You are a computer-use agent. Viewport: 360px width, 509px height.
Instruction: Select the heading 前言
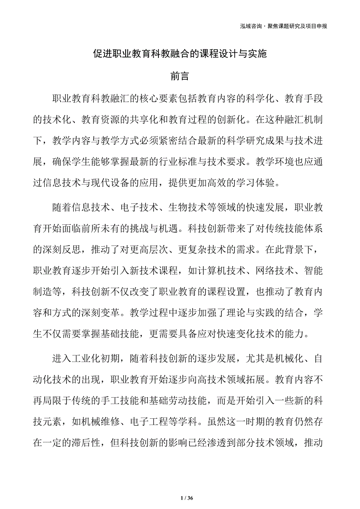pyautogui.click(x=180, y=76)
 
